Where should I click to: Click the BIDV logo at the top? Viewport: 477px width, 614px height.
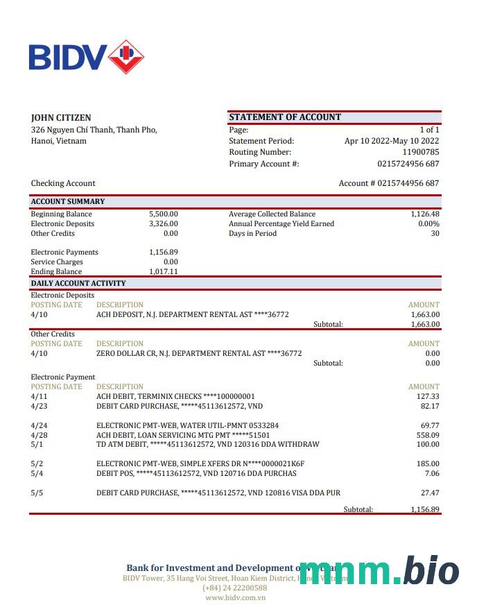click(x=86, y=57)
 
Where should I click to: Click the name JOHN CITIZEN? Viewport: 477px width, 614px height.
click(x=61, y=117)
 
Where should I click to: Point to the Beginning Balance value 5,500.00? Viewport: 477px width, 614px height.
click(x=164, y=214)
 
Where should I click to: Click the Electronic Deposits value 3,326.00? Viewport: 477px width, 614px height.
click(x=164, y=224)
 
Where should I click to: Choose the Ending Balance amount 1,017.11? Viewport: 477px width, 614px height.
click(x=164, y=272)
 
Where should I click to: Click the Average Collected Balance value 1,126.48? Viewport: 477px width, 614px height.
click(x=424, y=214)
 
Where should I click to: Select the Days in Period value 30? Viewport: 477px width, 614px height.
click(x=435, y=234)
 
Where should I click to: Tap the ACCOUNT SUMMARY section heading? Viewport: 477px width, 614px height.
click(x=68, y=201)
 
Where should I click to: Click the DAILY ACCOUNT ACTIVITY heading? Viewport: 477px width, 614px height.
click(x=78, y=283)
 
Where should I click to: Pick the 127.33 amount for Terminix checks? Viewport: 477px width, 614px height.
click(x=427, y=396)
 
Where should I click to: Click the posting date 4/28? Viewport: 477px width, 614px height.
click(x=39, y=435)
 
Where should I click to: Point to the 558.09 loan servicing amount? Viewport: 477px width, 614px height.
click(x=427, y=435)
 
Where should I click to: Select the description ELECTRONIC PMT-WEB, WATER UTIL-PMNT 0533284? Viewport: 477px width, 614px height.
click(x=187, y=425)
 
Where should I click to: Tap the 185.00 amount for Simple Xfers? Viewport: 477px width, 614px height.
click(x=427, y=463)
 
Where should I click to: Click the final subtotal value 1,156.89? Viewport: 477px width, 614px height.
click(x=424, y=509)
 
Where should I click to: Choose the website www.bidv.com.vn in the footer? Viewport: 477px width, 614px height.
click(x=235, y=597)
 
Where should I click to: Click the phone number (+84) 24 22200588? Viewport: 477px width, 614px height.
click(x=235, y=588)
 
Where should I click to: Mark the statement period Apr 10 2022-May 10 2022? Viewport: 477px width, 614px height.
click(x=392, y=141)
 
